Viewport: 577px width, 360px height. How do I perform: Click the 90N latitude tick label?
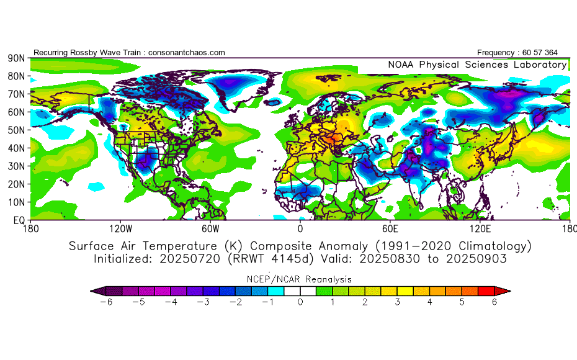(x=16, y=58)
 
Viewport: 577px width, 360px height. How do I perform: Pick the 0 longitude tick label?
(x=300, y=229)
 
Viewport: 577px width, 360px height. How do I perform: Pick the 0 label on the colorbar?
(x=300, y=302)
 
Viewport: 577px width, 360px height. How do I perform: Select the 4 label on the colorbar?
(x=430, y=302)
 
